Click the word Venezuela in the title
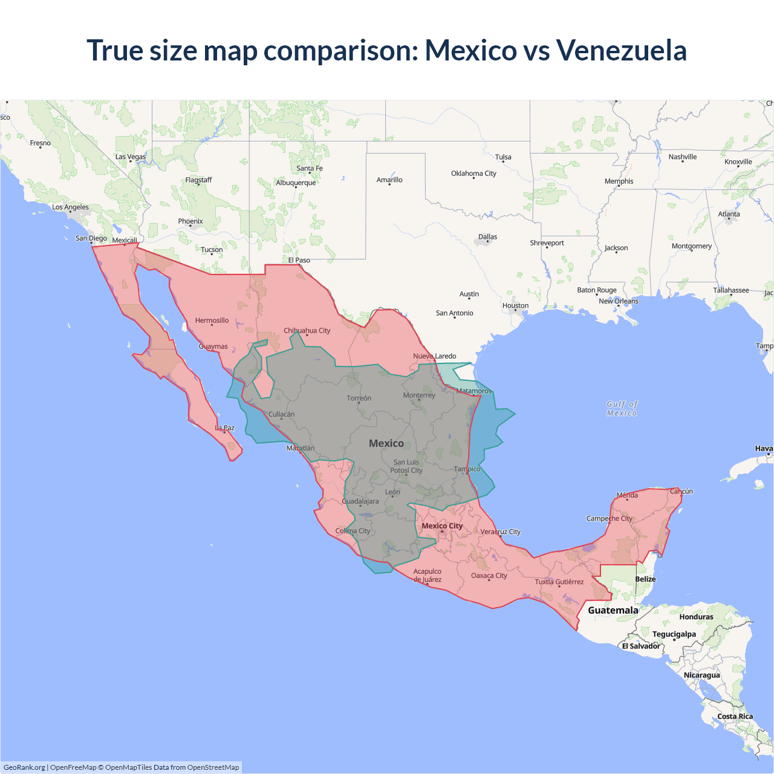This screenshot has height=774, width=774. pos(621,50)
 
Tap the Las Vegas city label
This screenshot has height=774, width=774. pos(131,157)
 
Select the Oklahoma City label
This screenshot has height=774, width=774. pos(473,174)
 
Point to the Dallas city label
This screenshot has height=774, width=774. pos(487,237)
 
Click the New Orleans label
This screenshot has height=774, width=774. pos(618,301)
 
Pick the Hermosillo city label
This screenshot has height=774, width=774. pos(212,320)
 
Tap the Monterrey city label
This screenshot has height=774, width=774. pos(419,395)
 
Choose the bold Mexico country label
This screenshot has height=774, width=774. pos(386,443)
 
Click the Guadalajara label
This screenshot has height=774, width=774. pos(360,501)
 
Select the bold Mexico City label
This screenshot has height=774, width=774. pos(442,526)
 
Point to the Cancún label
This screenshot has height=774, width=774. pos(681,492)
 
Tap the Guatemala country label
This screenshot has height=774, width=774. pos(613,610)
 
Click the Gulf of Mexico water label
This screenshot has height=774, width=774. pos(622,409)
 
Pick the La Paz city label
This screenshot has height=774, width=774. pos(225,428)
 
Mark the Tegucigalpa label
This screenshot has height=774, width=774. pos(674,634)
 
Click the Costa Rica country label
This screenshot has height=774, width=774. pos(735,717)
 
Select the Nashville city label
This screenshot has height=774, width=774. pos(682,157)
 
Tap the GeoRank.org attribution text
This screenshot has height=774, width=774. pos(24,767)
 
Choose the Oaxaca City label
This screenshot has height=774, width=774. pos(489,576)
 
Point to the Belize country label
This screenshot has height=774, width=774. pos(645,579)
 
